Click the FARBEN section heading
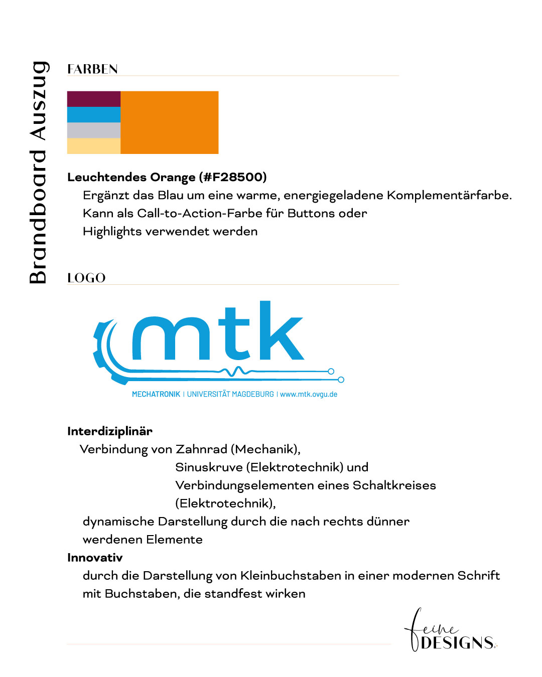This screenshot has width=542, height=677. tap(92, 69)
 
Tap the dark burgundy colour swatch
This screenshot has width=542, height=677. tap(94, 99)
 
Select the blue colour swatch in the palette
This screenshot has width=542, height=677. tap(94, 114)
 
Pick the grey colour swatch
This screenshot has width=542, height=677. tap(94, 130)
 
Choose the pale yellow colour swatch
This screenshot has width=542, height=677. tap(94, 146)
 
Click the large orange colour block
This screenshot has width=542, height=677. tap(170, 122)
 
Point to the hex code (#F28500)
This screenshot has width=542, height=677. tap(233, 177)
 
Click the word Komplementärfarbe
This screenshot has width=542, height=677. tap(449, 195)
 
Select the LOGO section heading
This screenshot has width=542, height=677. tap(86, 278)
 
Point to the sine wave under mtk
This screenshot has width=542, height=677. tap(235, 371)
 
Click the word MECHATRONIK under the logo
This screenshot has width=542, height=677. tap(156, 394)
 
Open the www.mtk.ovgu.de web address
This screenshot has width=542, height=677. tap(309, 394)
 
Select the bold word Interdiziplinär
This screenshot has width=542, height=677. tap(110, 431)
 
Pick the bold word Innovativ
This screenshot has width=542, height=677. tap(95, 558)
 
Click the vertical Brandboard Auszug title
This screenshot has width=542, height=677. tap(38, 173)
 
